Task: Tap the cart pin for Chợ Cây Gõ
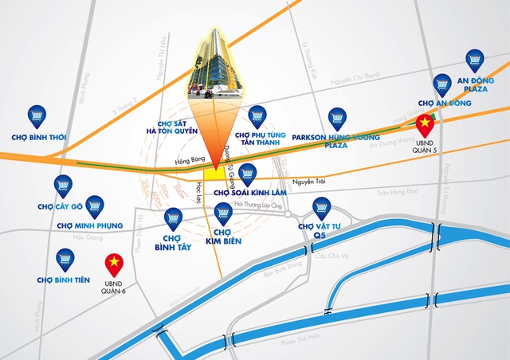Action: tap(63, 186)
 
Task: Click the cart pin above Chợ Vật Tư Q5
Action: tap(322, 208)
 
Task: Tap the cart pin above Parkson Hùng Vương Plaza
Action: tap(338, 118)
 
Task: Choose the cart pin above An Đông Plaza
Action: tap(475, 60)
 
